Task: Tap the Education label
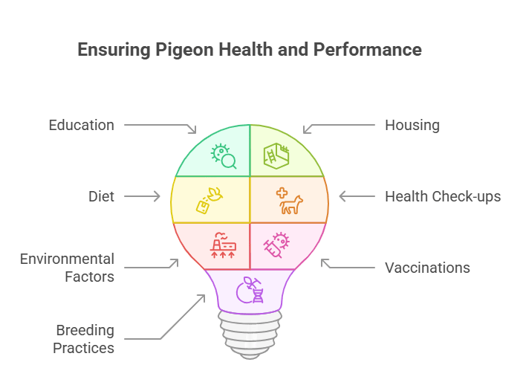pyautogui.click(x=82, y=125)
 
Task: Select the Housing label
pyautogui.click(x=412, y=125)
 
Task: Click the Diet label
pyautogui.click(x=101, y=196)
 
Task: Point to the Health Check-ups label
pyautogui.click(x=443, y=196)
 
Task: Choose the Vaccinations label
pyautogui.click(x=427, y=268)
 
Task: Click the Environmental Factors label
pyautogui.click(x=67, y=268)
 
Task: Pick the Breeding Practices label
pyautogui.click(x=83, y=339)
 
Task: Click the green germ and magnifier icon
pyautogui.click(x=224, y=156)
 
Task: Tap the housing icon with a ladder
pyautogui.click(x=276, y=156)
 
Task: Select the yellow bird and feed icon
pyautogui.click(x=210, y=201)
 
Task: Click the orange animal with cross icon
pyautogui.click(x=290, y=201)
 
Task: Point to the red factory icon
pyautogui.click(x=223, y=245)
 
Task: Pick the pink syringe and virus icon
pyautogui.click(x=277, y=245)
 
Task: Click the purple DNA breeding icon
pyautogui.click(x=250, y=290)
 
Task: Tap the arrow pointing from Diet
pyautogui.click(x=142, y=196)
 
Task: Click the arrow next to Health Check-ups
pyautogui.click(x=357, y=196)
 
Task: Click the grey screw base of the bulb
pyautogui.click(x=250, y=334)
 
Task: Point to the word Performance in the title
pyautogui.click(x=368, y=50)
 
